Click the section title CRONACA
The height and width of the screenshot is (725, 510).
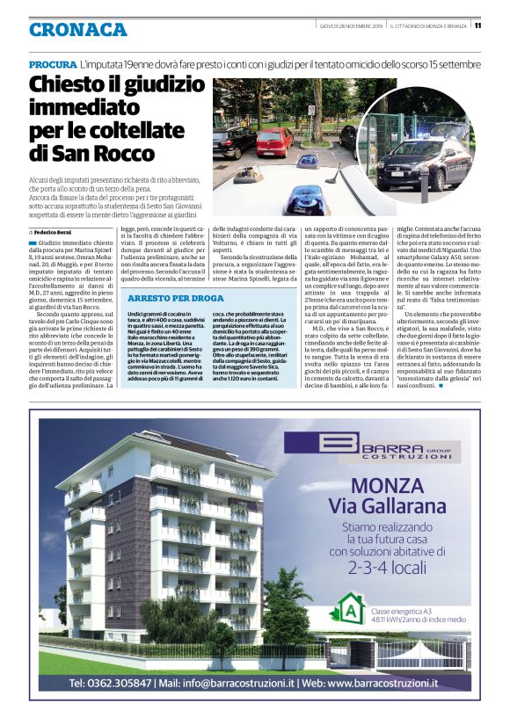[x=77, y=30]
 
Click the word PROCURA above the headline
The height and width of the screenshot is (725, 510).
[x=52, y=66]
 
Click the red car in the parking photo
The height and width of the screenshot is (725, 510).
[x=276, y=140]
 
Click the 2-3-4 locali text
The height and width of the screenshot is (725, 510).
[x=387, y=567]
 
